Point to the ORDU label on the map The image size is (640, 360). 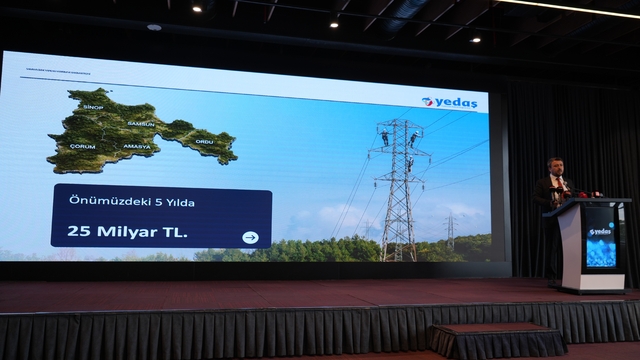205,141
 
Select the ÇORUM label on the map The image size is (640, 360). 82,146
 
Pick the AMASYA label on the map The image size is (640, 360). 136,146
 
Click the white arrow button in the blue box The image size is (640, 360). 250,237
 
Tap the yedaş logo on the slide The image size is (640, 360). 450,101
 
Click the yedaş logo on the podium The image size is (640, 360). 600,231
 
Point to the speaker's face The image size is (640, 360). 556,167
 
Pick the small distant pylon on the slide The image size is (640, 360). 450,233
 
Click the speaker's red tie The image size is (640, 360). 557,184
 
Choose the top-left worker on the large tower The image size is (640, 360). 385,137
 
